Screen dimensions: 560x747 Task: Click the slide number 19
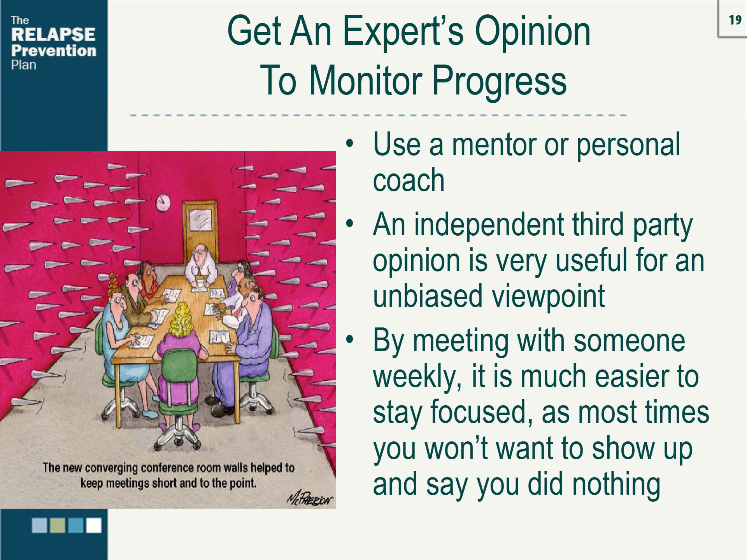click(x=735, y=20)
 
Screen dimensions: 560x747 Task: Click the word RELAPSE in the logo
click(x=53, y=35)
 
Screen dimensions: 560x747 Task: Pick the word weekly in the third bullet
click(x=417, y=376)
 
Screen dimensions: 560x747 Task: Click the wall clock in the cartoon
click(x=163, y=202)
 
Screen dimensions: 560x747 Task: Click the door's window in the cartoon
click(x=200, y=220)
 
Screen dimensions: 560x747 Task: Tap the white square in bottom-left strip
click(x=94, y=525)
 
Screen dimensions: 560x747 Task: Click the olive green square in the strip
click(x=58, y=525)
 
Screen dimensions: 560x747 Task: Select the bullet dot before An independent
click(x=350, y=224)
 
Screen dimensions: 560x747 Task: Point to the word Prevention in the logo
click(x=54, y=51)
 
